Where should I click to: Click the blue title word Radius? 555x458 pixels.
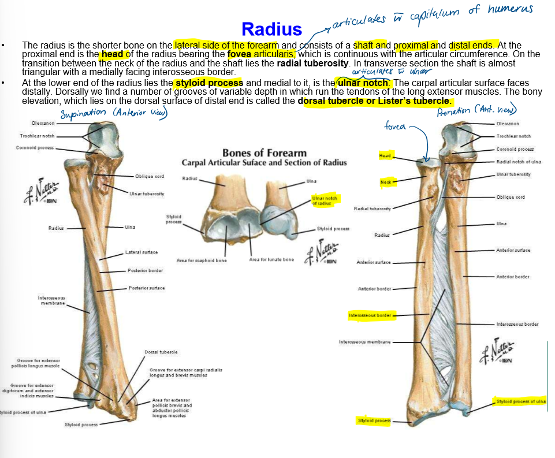tap(271, 29)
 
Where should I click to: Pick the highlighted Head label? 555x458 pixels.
tap(385, 156)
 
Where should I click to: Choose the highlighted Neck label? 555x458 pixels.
tap(386, 182)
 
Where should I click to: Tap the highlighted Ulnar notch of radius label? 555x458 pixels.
tap(323, 200)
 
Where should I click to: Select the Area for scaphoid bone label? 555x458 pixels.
tap(202, 260)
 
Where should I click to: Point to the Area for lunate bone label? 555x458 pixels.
tap(271, 259)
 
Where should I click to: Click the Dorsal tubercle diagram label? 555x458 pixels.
tap(161, 352)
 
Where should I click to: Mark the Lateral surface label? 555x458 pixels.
tap(141, 252)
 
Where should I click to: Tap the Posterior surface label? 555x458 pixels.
tap(147, 288)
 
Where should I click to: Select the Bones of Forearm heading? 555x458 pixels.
tap(265, 153)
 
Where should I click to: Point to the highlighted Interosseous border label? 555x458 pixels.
tap(370, 315)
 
